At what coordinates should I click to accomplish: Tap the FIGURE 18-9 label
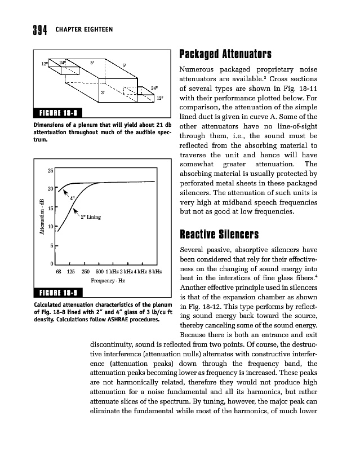(x=59, y=293)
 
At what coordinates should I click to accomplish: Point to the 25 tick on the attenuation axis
(x=50, y=170)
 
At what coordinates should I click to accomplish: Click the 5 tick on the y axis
(x=52, y=246)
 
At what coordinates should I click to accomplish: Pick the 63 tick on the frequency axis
(x=58, y=272)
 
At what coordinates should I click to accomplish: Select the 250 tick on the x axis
(x=86, y=272)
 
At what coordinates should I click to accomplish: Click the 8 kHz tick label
(x=155, y=272)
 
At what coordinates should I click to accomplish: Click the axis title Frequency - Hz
(x=108, y=280)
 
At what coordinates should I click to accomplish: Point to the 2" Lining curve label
(x=91, y=216)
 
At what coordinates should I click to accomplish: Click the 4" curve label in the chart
(x=72, y=198)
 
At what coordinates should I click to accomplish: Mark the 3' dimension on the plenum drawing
(x=102, y=91)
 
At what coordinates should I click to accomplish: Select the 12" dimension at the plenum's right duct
(x=160, y=98)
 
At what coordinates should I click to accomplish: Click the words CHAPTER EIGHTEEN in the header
(x=84, y=30)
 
